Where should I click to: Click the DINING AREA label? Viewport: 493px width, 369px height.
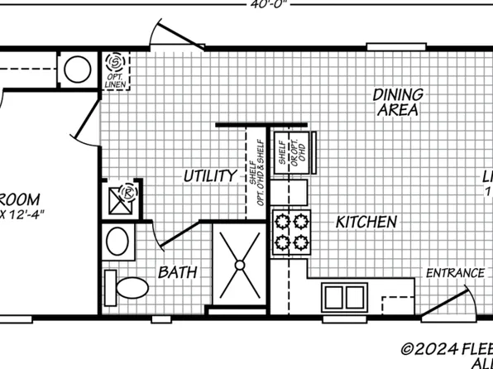coord(398,102)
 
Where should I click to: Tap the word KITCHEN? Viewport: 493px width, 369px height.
coord(366,222)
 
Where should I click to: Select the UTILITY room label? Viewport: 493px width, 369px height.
coord(210,175)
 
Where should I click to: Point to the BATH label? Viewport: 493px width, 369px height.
coord(177,271)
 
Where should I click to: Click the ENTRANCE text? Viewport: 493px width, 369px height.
coord(455,273)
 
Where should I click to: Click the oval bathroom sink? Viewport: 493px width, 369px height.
coord(117,242)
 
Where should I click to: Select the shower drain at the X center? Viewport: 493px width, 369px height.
coord(239,265)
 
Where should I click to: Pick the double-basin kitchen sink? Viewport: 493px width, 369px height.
coord(346,295)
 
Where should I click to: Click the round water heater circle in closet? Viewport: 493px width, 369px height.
coord(78,69)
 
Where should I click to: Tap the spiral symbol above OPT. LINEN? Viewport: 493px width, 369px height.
coord(114,63)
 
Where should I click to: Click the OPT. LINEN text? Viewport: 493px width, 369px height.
coord(114,82)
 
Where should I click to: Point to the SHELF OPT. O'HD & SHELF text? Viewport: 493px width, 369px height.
coord(256,174)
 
